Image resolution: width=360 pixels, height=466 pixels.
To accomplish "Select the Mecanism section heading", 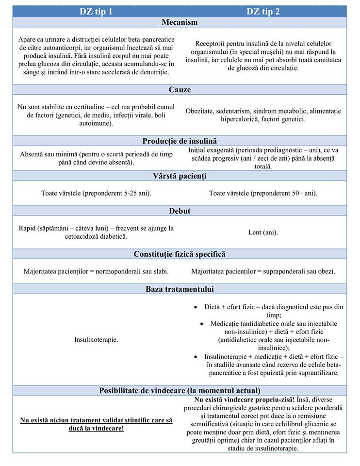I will click(180, 22).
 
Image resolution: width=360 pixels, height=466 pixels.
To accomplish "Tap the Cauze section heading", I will click(180, 90).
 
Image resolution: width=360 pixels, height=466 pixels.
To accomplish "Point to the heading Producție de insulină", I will click(180, 141).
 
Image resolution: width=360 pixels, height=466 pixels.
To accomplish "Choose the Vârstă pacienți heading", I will click(180, 176).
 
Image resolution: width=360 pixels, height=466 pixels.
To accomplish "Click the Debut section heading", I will click(180, 211).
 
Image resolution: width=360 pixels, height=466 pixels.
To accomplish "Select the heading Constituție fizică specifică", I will click(180, 254).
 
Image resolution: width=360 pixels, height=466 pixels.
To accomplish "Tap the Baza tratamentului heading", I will click(180, 289).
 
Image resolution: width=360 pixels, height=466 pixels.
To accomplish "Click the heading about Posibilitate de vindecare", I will click(180, 390).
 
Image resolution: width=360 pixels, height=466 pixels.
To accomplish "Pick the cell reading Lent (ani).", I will click(263, 233).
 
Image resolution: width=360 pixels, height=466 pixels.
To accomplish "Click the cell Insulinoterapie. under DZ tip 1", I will click(96, 340).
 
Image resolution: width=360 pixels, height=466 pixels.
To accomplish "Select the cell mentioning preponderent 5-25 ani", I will click(96, 193).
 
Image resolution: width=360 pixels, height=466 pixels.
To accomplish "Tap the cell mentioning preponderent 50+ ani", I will click(263, 193).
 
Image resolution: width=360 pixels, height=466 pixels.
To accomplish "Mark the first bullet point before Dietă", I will click(195, 307).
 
